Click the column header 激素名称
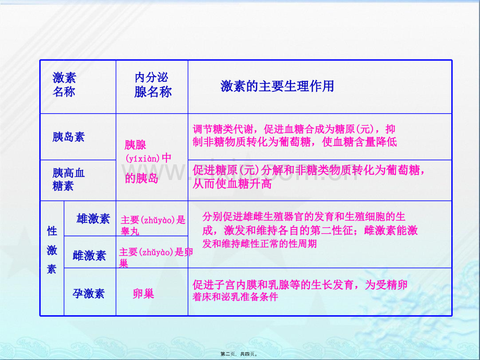(x=64, y=85)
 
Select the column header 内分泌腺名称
(x=152, y=85)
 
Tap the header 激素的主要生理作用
(x=277, y=86)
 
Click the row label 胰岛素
(x=68, y=137)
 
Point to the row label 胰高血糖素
(x=68, y=179)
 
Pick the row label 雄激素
(x=93, y=219)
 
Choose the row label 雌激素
(x=89, y=255)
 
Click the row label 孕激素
(x=89, y=294)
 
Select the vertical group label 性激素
(x=52, y=250)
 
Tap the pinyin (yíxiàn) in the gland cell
(x=142, y=159)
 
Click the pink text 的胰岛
(x=141, y=178)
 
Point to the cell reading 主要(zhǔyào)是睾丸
(x=153, y=225)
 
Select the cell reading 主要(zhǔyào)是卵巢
(x=156, y=257)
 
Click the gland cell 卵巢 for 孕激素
(x=143, y=294)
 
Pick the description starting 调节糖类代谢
(x=295, y=135)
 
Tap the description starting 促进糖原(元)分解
(x=308, y=177)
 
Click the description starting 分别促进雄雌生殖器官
(x=310, y=230)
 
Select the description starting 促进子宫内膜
(x=300, y=290)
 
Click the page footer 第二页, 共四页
(x=239, y=354)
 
